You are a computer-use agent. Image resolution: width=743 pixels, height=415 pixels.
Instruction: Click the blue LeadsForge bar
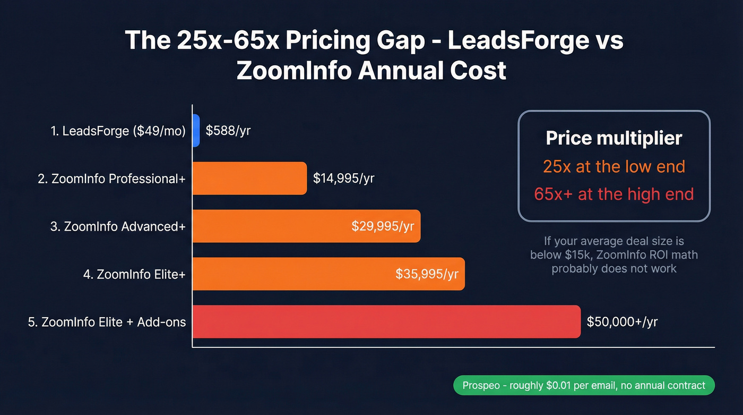196,131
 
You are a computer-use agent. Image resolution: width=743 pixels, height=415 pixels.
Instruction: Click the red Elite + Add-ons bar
386,322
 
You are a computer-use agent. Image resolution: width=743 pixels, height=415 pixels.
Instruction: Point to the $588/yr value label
228,131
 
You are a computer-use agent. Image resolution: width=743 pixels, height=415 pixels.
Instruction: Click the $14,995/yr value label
343,179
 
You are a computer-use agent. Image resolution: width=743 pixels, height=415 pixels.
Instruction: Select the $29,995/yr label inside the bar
383,226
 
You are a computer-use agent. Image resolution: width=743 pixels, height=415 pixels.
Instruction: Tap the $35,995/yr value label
427,274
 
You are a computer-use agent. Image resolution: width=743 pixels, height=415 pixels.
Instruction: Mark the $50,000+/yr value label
622,322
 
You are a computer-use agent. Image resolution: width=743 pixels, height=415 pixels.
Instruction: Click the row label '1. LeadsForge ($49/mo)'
118,131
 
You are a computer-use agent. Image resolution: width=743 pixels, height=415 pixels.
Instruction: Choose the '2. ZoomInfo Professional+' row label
111,179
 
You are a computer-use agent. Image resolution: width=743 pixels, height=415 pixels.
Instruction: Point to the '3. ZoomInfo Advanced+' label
118,226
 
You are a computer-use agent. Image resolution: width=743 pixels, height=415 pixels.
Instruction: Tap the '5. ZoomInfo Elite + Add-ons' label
107,322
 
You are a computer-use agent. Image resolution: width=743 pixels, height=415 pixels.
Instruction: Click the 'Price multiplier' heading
614,138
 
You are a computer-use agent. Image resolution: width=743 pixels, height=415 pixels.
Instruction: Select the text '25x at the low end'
614,166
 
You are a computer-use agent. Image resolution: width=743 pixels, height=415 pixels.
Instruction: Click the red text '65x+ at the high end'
614,194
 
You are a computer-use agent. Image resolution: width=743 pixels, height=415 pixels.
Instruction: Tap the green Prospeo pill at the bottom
584,385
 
